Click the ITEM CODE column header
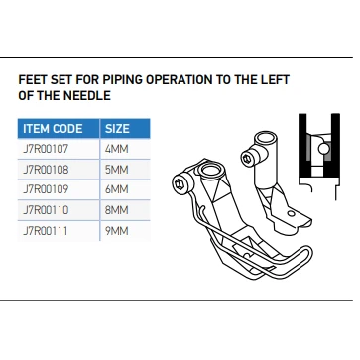(x=53, y=129)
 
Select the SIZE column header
(x=117, y=129)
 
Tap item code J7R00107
(x=46, y=149)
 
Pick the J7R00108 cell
(x=46, y=170)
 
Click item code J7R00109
(x=46, y=189)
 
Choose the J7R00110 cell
(x=46, y=210)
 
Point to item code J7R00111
(x=46, y=231)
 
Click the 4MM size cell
(x=116, y=149)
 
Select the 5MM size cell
(x=116, y=170)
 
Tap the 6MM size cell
(x=116, y=189)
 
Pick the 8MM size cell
(x=116, y=210)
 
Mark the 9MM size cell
(x=116, y=231)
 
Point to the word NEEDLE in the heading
(x=87, y=96)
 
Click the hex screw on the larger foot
(x=179, y=182)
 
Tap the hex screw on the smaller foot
(x=247, y=158)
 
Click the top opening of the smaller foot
(x=265, y=136)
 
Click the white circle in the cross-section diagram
(x=324, y=149)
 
